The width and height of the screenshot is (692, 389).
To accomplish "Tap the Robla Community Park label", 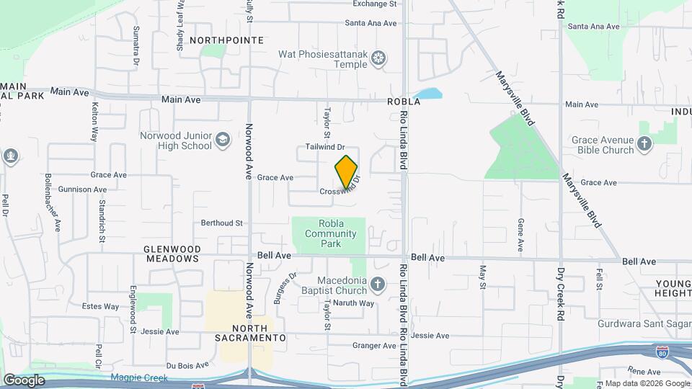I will (331, 233).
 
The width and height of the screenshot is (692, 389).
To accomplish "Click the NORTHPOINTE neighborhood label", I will (226, 40).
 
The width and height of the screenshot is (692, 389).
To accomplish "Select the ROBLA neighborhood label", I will (403, 102).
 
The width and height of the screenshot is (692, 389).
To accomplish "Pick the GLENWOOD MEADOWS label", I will (172, 253).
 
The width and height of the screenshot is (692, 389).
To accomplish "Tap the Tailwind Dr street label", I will (326, 147).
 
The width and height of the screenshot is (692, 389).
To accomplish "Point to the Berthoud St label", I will (222, 223).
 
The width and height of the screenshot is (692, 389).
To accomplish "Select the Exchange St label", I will (375, 4).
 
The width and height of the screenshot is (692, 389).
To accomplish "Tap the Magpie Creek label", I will (139, 377).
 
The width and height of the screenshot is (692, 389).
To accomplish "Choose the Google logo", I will (24, 380).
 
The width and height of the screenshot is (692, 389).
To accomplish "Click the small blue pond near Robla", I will (428, 94).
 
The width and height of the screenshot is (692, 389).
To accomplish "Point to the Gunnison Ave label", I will (84, 189).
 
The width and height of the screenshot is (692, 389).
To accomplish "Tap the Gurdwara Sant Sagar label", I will (644, 324).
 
